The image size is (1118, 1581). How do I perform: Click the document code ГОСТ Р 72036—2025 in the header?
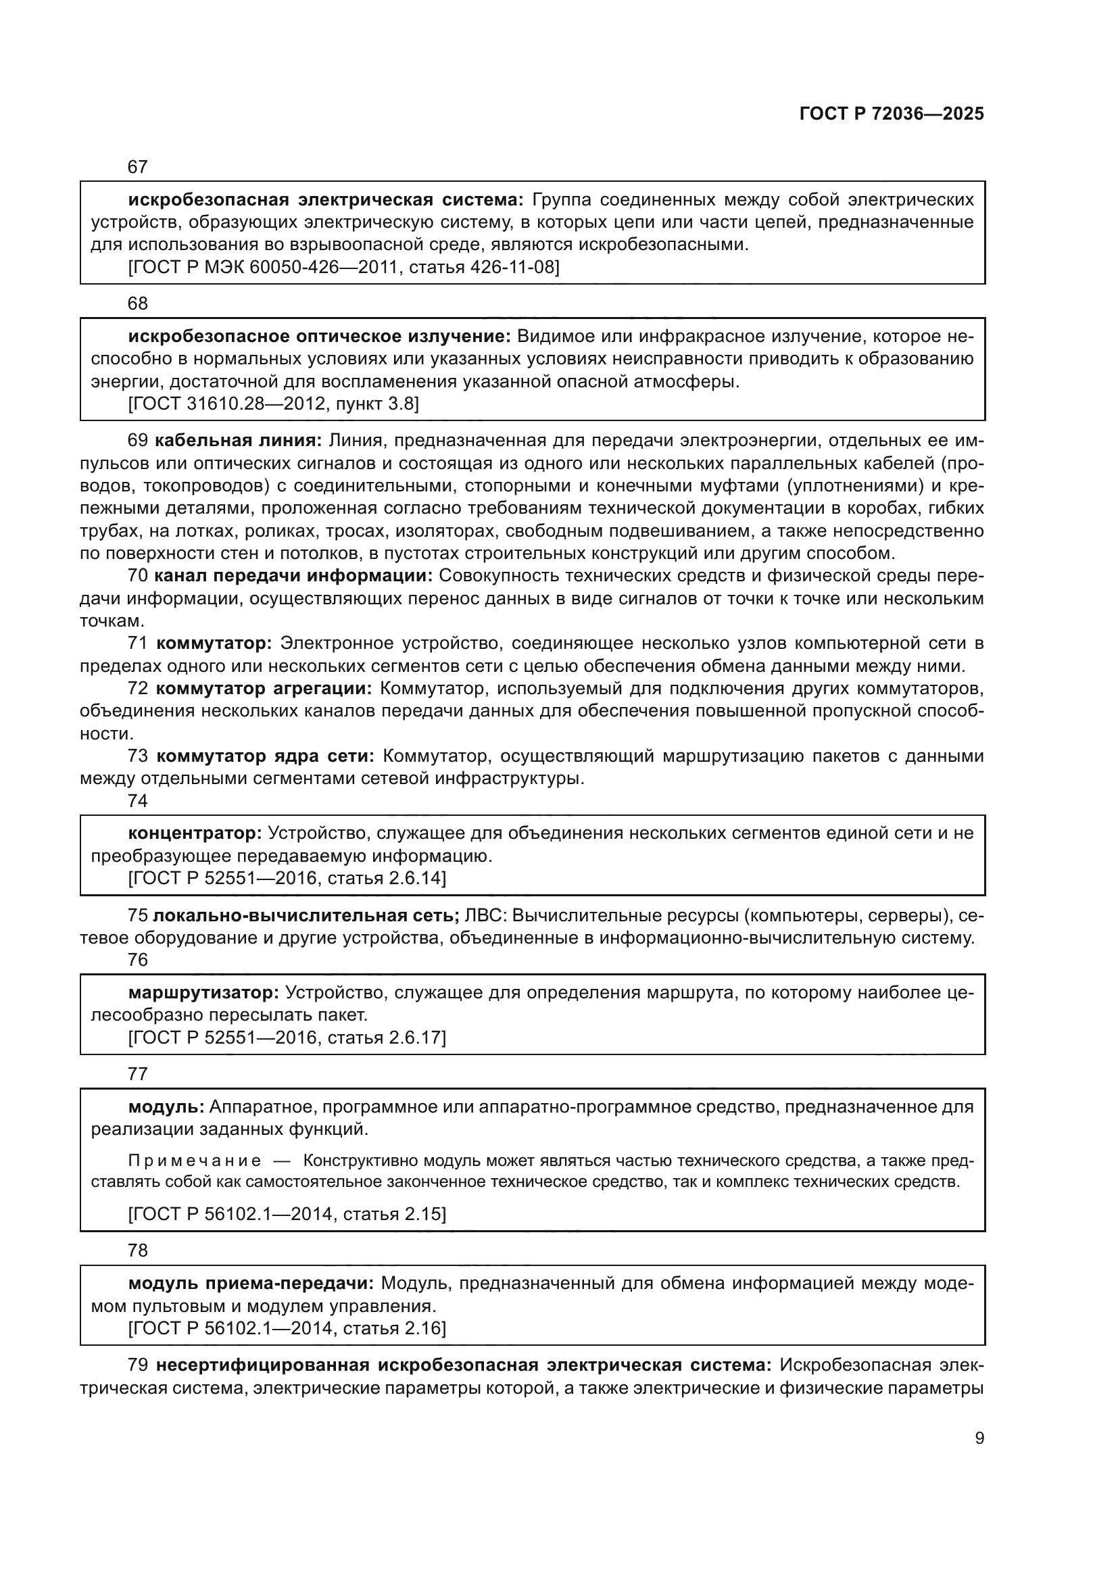[x=892, y=114]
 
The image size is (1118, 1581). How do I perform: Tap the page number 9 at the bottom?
[x=979, y=1438]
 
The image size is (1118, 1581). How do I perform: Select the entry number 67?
[x=138, y=167]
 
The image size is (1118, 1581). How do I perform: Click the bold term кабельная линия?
[x=238, y=441]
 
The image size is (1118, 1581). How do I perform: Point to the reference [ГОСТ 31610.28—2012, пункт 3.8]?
[x=273, y=404]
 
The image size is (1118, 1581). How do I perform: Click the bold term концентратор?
[x=195, y=833]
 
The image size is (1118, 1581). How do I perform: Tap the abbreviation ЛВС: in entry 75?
[x=486, y=916]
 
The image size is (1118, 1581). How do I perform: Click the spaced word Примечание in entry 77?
[x=195, y=1161]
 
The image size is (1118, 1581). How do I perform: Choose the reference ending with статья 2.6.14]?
[x=287, y=878]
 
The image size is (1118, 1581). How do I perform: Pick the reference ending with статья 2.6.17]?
[x=287, y=1037]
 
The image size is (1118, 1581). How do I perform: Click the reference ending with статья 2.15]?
[x=287, y=1213]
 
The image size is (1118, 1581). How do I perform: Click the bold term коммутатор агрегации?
[x=264, y=689]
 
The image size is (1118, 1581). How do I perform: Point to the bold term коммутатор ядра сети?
[x=265, y=756]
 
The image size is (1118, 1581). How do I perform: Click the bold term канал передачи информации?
[x=293, y=576]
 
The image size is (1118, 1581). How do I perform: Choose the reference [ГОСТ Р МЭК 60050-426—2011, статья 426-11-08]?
[x=343, y=267]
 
